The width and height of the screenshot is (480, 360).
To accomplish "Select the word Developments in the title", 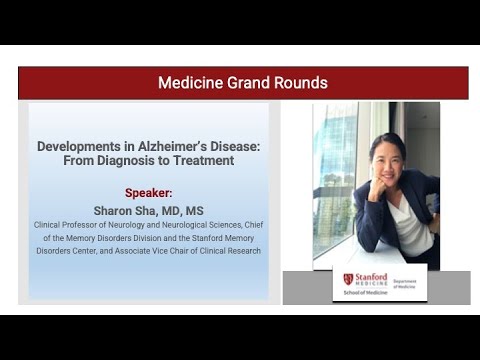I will pyautogui.click(x=82, y=145).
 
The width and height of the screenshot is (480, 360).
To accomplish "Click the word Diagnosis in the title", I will pyautogui.click(x=140, y=160).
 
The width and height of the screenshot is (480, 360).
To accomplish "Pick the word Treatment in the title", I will pyautogui.click(x=205, y=160).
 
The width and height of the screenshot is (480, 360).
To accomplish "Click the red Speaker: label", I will pyautogui.click(x=148, y=192).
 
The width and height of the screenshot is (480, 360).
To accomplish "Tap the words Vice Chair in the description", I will pyautogui.click(x=174, y=250).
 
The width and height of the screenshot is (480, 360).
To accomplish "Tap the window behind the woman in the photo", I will pyautogui.click(x=333, y=170).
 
